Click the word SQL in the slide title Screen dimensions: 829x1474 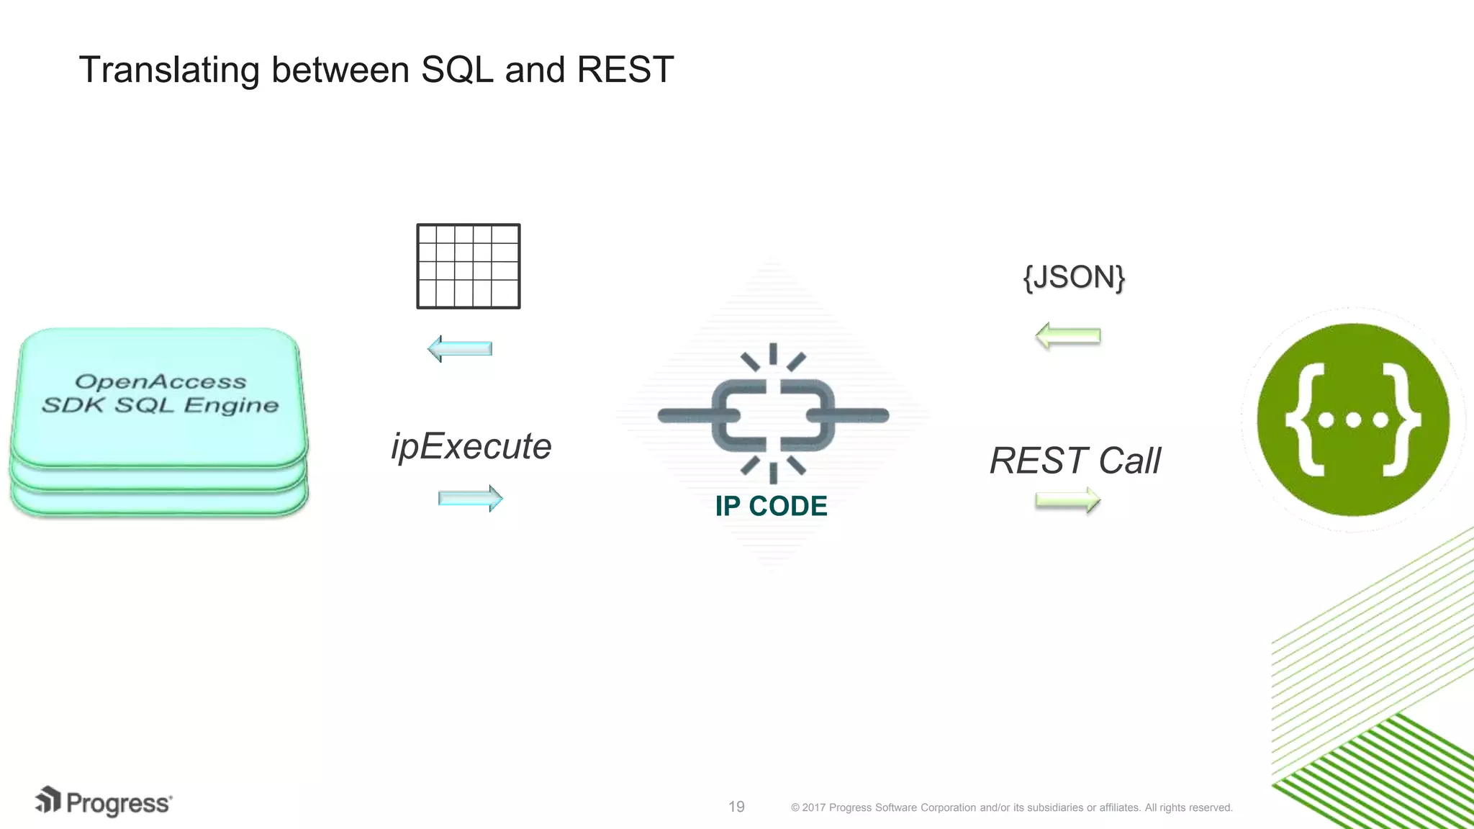click(x=457, y=70)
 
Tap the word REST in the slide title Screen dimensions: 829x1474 click(x=625, y=70)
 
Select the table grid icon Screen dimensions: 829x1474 click(x=469, y=266)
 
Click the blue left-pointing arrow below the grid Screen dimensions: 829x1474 click(x=460, y=349)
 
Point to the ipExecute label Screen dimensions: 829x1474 click(x=471, y=446)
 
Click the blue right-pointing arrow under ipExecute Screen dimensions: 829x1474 click(x=470, y=498)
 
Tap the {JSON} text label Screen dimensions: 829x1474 click(x=1074, y=277)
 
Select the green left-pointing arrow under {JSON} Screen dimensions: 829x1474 click(x=1067, y=336)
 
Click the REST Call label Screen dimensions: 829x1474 click(x=1075, y=461)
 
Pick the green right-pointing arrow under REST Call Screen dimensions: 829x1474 click(x=1067, y=500)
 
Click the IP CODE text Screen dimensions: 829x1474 click(x=771, y=507)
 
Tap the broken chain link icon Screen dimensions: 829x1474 click(x=773, y=414)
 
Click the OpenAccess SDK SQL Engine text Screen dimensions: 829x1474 click(x=160, y=394)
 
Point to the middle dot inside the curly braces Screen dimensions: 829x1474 click(x=1353, y=420)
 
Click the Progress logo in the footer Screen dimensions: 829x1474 click(x=104, y=802)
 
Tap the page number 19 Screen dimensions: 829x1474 click(x=736, y=807)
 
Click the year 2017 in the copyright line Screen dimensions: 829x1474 click(x=813, y=807)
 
